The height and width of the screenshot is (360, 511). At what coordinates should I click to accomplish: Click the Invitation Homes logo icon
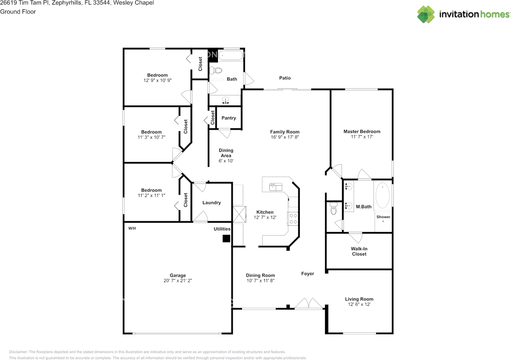(x=426, y=14)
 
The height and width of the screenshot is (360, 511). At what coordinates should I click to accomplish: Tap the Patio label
(x=285, y=78)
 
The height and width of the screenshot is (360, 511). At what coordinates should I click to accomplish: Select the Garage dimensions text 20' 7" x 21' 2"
(x=178, y=281)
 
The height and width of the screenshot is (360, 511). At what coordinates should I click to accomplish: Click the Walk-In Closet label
(x=359, y=251)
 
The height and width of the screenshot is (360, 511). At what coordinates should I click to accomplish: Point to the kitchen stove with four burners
(x=293, y=219)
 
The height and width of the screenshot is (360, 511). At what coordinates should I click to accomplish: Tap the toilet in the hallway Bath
(x=216, y=71)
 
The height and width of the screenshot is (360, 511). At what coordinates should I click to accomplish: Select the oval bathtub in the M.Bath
(x=383, y=196)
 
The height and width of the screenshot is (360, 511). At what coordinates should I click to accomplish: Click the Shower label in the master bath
(x=383, y=217)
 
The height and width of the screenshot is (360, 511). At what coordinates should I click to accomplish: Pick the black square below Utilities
(x=226, y=239)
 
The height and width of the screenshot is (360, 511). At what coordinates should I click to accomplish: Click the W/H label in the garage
(x=132, y=229)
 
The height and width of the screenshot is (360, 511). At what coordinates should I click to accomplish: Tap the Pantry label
(x=229, y=118)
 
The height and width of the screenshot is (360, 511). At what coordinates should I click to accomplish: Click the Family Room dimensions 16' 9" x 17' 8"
(x=285, y=137)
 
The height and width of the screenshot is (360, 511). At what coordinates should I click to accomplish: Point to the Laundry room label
(x=212, y=202)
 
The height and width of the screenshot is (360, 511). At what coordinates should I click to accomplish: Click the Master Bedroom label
(x=362, y=131)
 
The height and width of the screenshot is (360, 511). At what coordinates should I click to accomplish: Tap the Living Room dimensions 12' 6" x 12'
(x=359, y=304)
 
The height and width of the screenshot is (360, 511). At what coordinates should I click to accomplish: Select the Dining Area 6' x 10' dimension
(x=226, y=161)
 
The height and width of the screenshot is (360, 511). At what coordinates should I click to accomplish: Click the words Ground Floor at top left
(x=18, y=12)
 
